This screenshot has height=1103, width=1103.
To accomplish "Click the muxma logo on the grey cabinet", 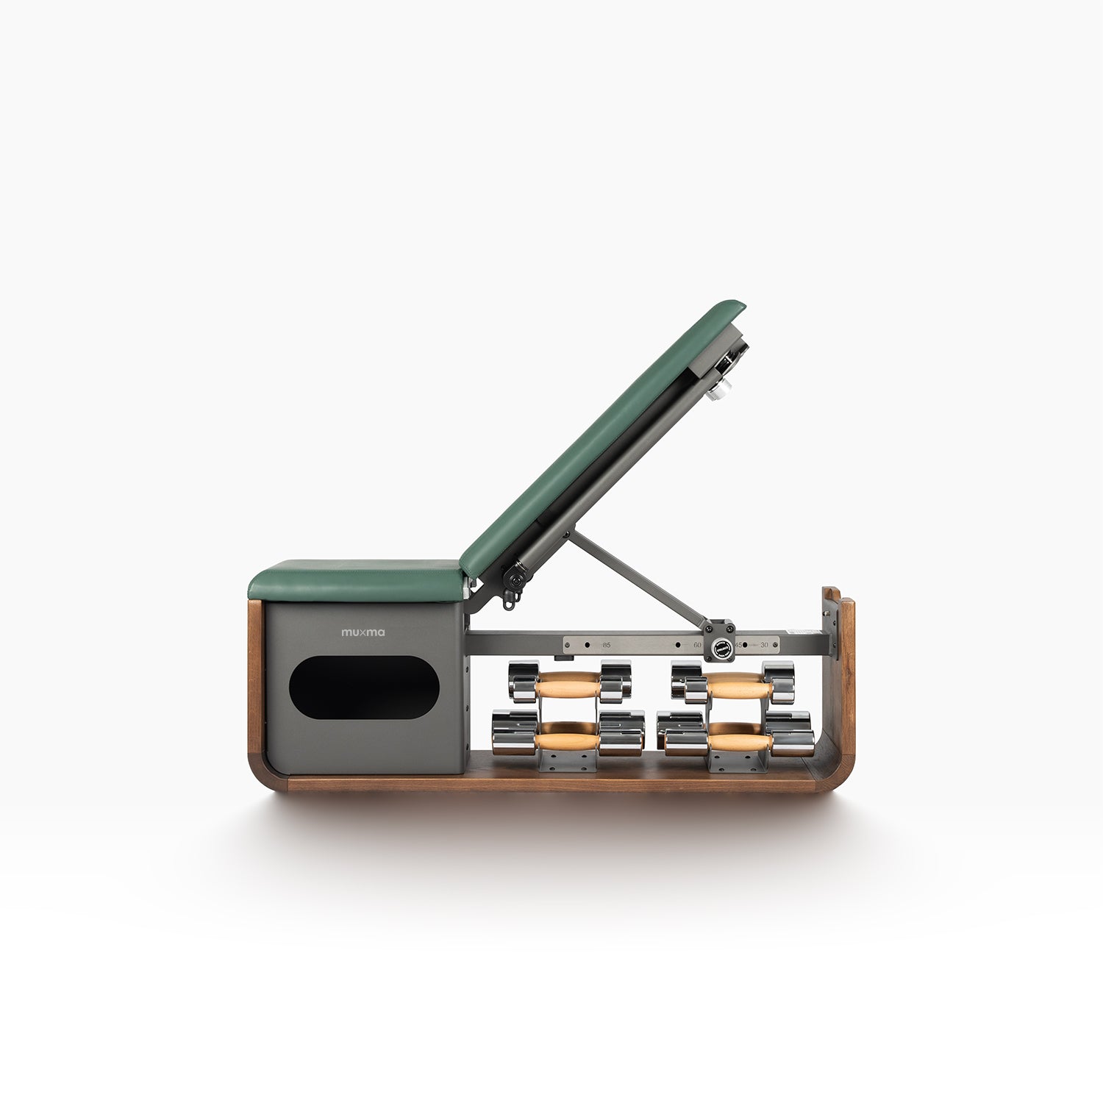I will point(363,632).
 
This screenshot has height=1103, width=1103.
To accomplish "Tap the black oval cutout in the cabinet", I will point(364,688).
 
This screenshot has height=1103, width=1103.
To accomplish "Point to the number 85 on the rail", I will point(606,645).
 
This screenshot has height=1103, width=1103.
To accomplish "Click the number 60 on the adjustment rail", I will point(696,645).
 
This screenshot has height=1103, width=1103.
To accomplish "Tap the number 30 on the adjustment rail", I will point(764,645).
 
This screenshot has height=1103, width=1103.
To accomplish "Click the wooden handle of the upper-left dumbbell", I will point(568,688).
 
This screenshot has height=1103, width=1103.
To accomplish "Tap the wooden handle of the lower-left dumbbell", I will point(567,740).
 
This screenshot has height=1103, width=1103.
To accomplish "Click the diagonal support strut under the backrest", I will point(636,577).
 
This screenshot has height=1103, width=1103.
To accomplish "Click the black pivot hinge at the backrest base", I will point(515,580).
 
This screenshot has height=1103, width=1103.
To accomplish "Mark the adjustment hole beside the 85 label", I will point(587,645).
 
